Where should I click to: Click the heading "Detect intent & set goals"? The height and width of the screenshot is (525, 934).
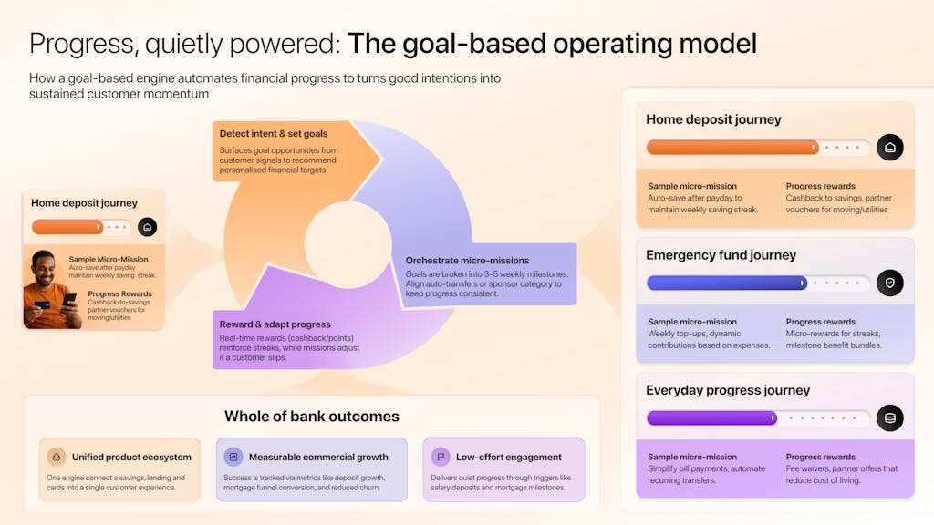pos(274,134)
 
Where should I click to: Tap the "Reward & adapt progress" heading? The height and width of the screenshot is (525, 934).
pos(275,324)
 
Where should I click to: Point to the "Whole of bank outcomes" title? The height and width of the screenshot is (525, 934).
pos(312,417)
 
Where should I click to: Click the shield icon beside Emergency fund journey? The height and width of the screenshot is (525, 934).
pos(889,283)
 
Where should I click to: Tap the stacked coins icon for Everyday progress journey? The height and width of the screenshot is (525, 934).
pos(889,418)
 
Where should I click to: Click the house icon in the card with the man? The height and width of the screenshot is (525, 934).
pos(148,227)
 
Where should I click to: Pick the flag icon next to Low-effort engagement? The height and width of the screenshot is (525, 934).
pos(441,457)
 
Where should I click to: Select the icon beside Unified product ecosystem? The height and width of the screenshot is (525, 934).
pos(57,457)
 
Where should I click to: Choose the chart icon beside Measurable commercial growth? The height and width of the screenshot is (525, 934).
pos(233,457)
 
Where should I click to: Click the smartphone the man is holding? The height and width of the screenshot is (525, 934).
pos(69,299)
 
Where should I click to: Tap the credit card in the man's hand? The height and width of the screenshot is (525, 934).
pos(42,306)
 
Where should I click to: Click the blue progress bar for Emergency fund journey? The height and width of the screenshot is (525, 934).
pos(726,283)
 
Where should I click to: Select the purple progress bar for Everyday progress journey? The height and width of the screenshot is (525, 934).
pos(711,418)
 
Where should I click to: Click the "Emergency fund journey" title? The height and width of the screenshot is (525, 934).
pos(721,255)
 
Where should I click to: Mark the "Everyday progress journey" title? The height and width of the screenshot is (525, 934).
pos(728,390)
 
